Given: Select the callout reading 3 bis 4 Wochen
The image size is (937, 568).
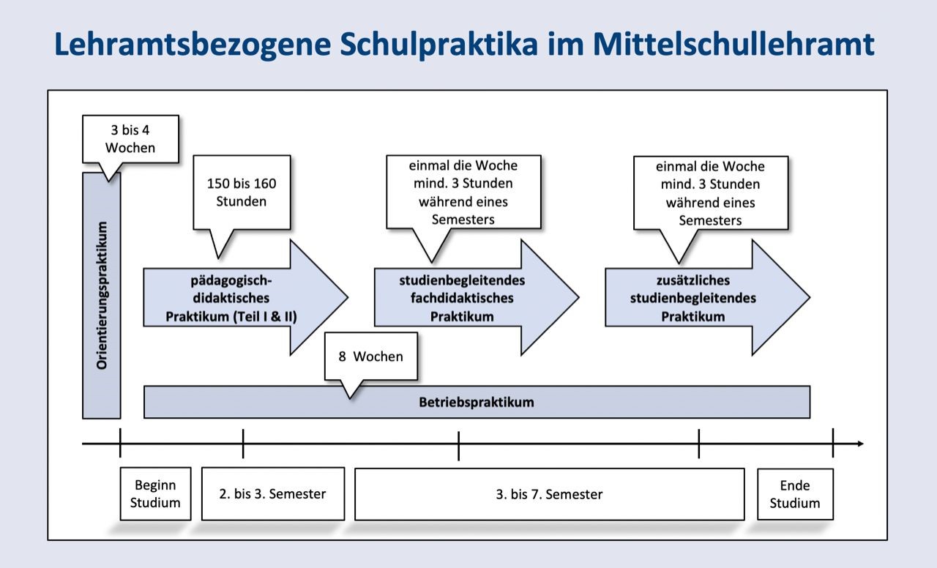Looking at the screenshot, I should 130,139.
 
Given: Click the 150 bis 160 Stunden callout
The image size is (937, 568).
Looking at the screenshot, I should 242,193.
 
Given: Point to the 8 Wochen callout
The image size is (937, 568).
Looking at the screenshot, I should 370,356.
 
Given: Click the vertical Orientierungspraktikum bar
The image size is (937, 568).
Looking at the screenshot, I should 102,296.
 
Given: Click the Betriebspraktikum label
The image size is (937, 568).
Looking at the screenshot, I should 477,402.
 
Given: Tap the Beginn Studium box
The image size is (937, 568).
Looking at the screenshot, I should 155,494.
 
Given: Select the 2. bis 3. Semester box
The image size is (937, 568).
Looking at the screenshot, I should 272,494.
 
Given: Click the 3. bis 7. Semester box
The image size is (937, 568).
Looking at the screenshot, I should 549,494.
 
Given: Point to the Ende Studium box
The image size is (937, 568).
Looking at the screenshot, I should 795,494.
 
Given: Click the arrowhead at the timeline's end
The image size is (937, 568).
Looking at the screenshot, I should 859,444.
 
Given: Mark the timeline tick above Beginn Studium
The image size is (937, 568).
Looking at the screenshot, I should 120,444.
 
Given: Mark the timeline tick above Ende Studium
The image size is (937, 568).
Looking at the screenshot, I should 833,444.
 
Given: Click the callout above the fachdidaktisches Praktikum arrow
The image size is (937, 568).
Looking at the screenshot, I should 463,192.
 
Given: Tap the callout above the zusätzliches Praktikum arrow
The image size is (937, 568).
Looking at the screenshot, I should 710,193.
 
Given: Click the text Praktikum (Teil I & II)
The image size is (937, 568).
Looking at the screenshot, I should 231,316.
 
